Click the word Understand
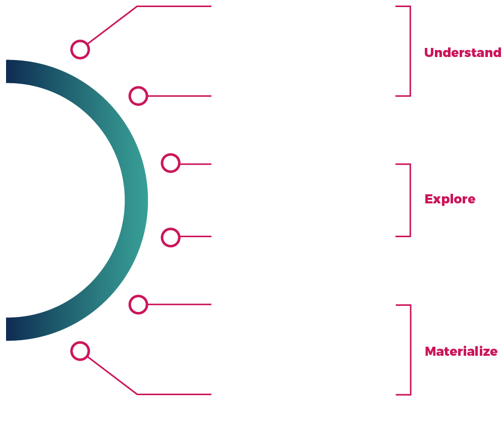coord(462,53)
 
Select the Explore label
coord(450,199)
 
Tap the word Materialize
coord(461,352)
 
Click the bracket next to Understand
coord(410,51)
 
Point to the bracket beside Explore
coord(410,200)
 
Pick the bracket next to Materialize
coord(410,350)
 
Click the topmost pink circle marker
coord(80,49)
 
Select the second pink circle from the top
coord(138,95)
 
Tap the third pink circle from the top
coord(171,163)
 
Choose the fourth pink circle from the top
coord(171,237)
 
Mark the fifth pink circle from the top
coord(138,305)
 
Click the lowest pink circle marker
coord(80,351)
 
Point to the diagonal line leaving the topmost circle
coord(113,25)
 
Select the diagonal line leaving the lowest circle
coord(113,375)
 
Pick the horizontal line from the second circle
coord(179,96)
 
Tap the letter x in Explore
coord(438,200)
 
